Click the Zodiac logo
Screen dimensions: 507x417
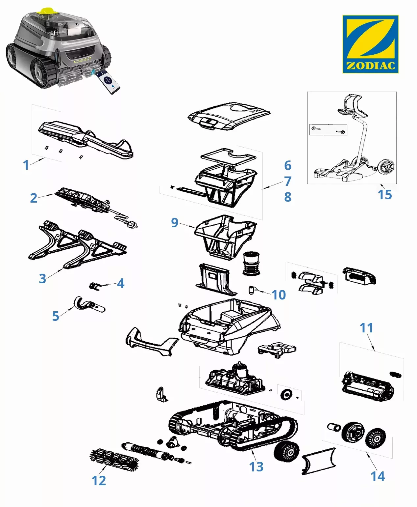pyautogui.click(x=370, y=44)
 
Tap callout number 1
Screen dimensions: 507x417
pyautogui.click(x=26, y=165)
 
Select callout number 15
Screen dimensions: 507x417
pyautogui.click(x=384, y=195)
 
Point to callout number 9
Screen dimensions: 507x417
pyautogui.click(x=175, y=223)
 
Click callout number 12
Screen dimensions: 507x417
pyautogui.click(x=99, y=481)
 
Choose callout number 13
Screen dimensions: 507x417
pyautogui.click(x=256, y=467)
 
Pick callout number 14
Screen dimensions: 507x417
pyautogui.click(x=377, y=476)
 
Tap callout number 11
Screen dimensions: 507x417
pyautogui.click(x=366, y=328)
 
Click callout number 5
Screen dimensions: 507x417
pyautogui.click(x=56, y=316)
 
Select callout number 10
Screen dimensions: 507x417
pyautogui.click(x=279, y=295)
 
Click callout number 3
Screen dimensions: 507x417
pyautogui.click(x=42, y=279)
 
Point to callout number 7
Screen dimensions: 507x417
pyautogui.click(x=288, y=181)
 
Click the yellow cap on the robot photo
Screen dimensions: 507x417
pyautogui.click(x=45, y=10)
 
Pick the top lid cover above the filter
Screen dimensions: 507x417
pyautogui.click(x=229, y=116)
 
